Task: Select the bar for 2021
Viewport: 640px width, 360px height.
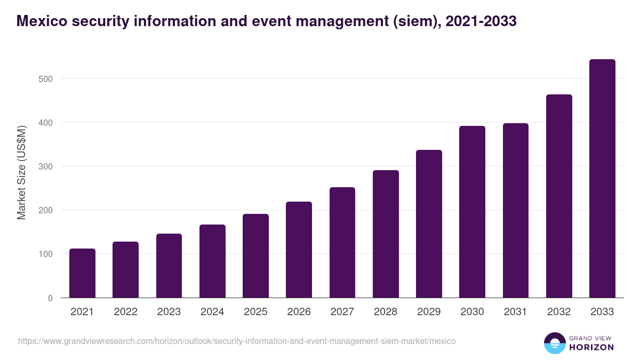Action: tap(82, 273)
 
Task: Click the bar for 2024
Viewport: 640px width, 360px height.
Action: tap(212, 261)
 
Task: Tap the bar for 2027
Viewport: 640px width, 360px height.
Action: tap(342, 243)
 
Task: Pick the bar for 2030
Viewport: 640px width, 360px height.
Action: tap(472, 212)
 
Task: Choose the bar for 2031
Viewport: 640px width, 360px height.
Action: tap(516, 211)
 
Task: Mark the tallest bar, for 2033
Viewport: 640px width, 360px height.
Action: tap(602, 179)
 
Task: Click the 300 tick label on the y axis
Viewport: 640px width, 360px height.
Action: tap(47, 166)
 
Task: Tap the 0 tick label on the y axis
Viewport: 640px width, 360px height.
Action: tap(50, 298)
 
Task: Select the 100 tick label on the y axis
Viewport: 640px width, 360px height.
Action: tap(47, 254)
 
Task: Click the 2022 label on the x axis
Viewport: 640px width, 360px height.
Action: tap(125, 312)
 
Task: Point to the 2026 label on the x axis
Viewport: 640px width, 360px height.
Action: tap(299, 312)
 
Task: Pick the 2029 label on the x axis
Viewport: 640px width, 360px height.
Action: tap(429, 312)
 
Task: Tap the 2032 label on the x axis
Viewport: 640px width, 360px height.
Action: tap(559, 312)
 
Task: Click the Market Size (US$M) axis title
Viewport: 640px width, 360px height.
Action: tap(22, 173)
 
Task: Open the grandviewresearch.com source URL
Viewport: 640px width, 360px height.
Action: tap(237, 341)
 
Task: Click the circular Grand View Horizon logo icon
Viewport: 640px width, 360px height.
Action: tap(554, 343)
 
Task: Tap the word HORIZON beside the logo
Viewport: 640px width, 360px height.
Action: tap(592, 347)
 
